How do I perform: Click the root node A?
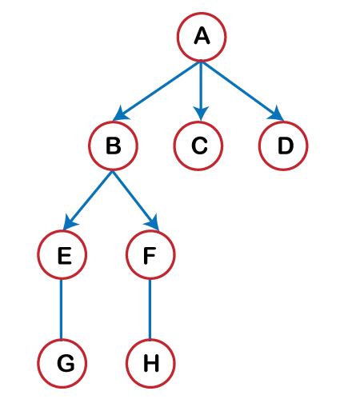point(202,37)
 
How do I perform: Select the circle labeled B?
point(114,146)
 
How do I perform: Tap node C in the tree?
point(198,146)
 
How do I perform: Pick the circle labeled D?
point(283,146)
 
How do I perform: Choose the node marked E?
point(62,255)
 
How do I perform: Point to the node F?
point(150,255)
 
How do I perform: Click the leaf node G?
point(62,364)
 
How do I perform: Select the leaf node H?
point(150,364)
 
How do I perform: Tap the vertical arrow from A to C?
point(201,91)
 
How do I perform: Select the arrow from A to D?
point(242,91)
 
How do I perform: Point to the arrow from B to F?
point(136,201)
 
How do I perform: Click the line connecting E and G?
point(61,309)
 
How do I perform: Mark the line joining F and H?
point(150,309)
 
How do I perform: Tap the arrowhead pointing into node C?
point(201,113)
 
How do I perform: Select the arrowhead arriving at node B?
point(121,114)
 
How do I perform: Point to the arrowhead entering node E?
point(70,223)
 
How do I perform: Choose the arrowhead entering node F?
point(153,223)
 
